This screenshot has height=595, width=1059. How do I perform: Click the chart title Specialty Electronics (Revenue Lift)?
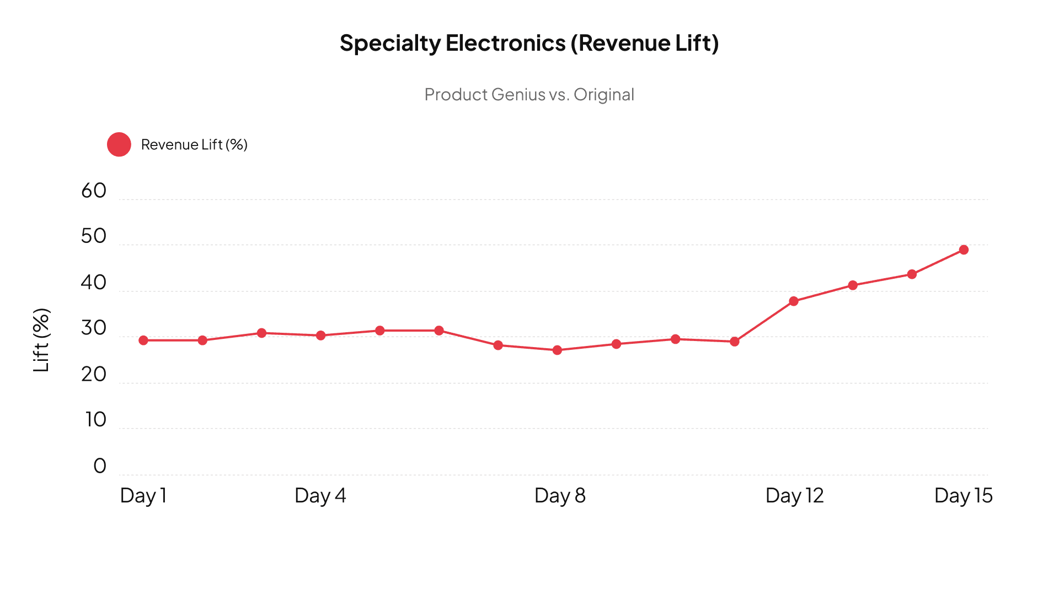tap(529, 43)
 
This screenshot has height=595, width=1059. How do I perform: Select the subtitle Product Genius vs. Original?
tap(529, 95)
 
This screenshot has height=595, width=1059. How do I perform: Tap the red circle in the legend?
tap(119, 144)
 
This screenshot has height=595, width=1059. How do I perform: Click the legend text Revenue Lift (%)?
tap(194, 144)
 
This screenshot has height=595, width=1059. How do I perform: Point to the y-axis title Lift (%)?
tap(42, 340)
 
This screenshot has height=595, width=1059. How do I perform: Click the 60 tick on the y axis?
tap(93, 191)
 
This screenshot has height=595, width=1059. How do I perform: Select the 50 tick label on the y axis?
tap(93, 236)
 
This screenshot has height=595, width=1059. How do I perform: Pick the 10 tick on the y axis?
tap(95, 420)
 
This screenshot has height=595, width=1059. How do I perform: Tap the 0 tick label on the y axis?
tap(99, 466)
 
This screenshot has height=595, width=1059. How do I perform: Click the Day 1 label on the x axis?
tap(143, 495)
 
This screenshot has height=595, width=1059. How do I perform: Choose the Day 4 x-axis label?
tap(320, 495)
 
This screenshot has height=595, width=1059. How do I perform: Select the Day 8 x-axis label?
tap(560, 495)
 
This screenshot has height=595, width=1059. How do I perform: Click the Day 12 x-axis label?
tap(794, 495)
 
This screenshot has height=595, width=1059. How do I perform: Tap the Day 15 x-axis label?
tap(963, 495)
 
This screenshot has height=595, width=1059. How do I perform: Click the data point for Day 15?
tap(964, 250)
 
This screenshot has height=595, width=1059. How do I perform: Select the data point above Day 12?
tap(794, 301)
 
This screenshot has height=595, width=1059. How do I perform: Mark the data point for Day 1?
tap(143, 340)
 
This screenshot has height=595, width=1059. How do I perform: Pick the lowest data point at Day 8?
tap(557, 350)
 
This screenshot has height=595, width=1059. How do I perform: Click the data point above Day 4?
tap(320, 336)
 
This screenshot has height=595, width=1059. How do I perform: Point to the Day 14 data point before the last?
tap(912, 274)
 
